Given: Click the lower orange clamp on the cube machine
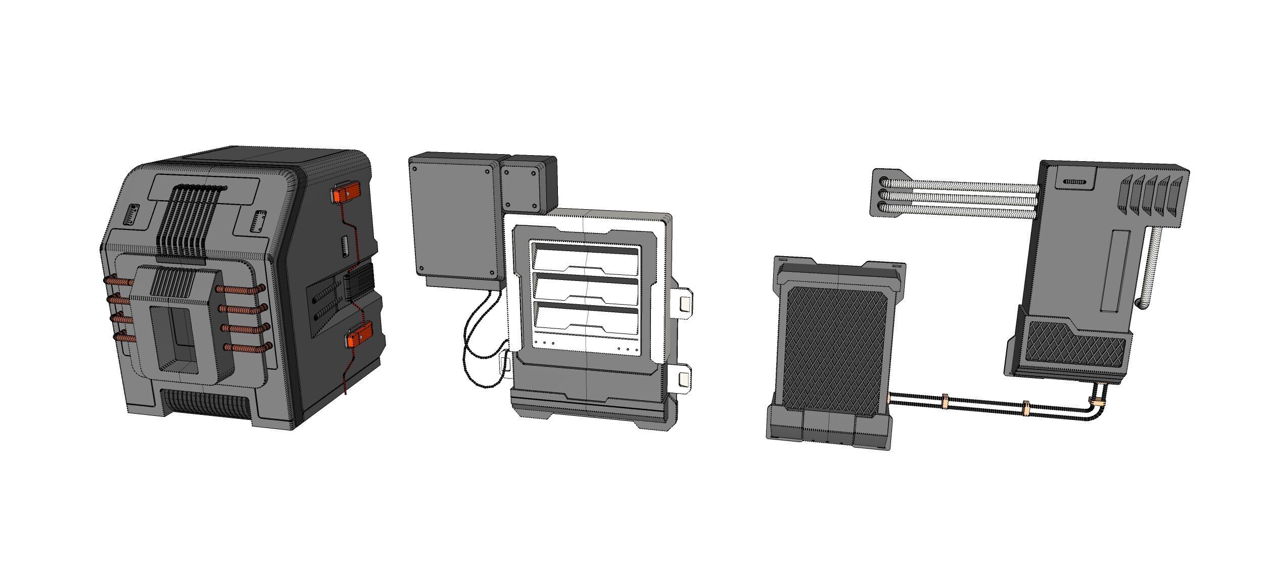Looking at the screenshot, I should (359, 336).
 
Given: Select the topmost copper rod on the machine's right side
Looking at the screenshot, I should (241, 290).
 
